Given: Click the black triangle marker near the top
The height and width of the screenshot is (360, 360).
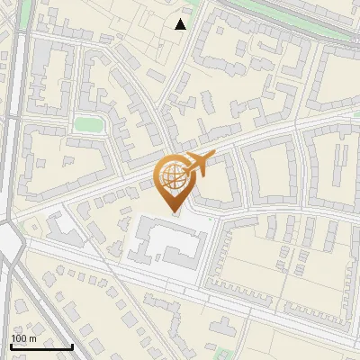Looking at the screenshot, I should click(181, 24).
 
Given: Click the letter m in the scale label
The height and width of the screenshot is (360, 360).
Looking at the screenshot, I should click(31, 338).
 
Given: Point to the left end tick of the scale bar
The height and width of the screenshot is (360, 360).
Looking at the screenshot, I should click(11, 346).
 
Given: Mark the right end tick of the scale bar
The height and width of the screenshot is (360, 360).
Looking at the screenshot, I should click(72, 346).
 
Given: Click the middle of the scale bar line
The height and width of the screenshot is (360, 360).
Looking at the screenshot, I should click(41, 346).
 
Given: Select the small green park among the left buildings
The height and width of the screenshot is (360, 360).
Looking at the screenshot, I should click(87, 123).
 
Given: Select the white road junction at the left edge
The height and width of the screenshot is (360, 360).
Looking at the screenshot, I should click(11, 240).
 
